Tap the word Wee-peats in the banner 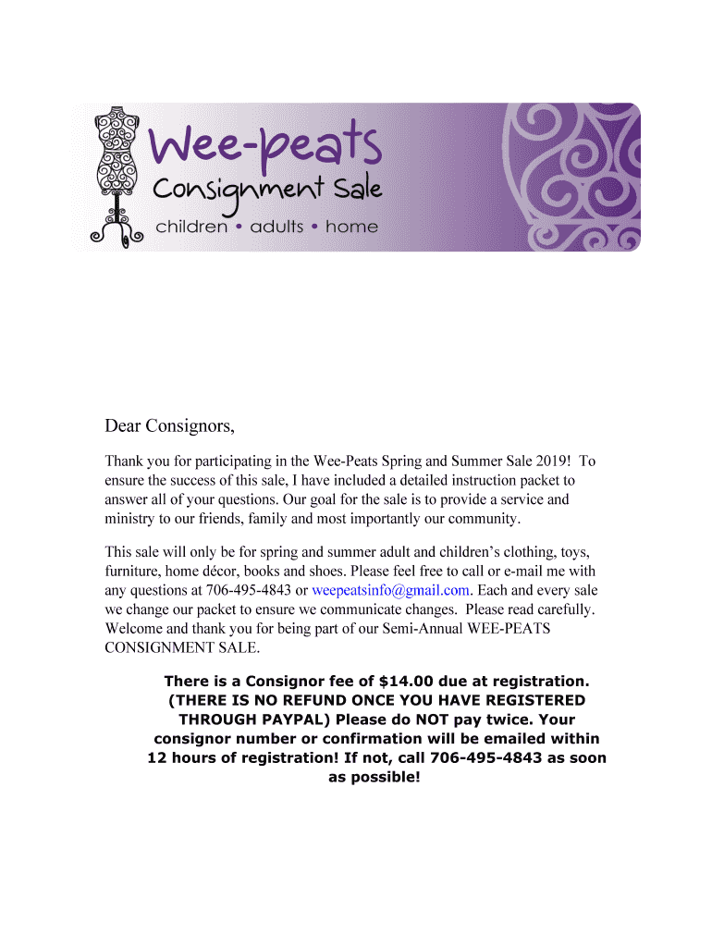click(265, 148)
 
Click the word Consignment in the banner click(238, 191)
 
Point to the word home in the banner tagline click(351, 226)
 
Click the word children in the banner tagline click(191, 226)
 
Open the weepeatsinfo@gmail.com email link click(391, 589)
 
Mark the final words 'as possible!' click(374, 777)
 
